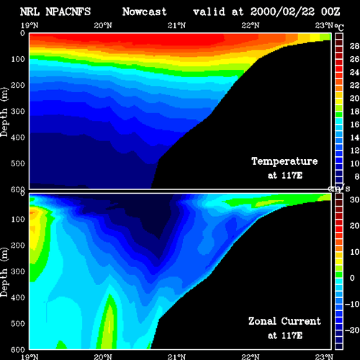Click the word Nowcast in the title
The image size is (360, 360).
tap(145, 12)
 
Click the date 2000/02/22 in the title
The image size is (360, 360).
tap(282, 12)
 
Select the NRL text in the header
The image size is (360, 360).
tap(30, 12)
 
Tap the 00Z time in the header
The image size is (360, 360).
tap(330, 12)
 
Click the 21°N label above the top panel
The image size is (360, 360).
tap(176, 25)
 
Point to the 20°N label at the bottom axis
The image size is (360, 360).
tap(103, 356)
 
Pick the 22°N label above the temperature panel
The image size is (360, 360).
tap(251, 25)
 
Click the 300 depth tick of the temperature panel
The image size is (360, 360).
tap(18, 112)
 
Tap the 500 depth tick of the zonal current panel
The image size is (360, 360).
tap(18, 323)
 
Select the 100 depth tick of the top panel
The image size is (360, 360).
tap(18, 59)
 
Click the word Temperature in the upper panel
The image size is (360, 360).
tap(284, 161)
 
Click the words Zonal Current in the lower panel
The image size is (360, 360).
tap(284, 321)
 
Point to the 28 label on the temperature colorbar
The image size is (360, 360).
tap(354, 46)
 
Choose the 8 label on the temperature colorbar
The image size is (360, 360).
tap(357, 176)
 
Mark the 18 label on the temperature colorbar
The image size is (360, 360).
tap(354, 112)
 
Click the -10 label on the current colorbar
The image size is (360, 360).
tap(352, 304)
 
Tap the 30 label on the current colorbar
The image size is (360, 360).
tap(354, 199)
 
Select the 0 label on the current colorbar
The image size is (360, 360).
tap(352, 278)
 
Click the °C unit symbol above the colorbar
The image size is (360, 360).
tap(339, 27)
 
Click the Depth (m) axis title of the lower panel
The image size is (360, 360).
tap(4, 272)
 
